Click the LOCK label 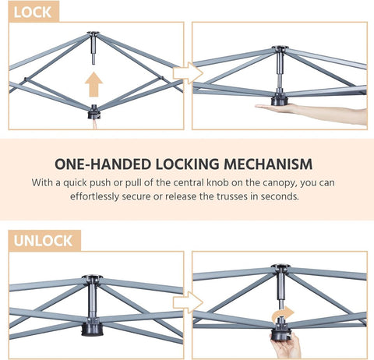(x=33, y=12)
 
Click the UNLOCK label (x=43, y=241)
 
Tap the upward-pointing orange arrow (x=93, y=84)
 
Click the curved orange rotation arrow (x=283, y=313)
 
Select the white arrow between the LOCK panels (x=188, y=73)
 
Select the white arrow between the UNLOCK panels (x=188, y=302)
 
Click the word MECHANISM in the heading (x=268, y=164)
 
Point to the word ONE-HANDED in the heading (x=103, y=164)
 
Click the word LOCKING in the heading (x=187, y=164)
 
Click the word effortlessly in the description (x=94, y=196)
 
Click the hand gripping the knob (x=286, y=345)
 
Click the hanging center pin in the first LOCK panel (x=93, y=50)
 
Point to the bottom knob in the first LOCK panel (x=94, y=112)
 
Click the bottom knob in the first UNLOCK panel (x=91, y=328)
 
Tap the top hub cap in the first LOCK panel (x=93, y=33)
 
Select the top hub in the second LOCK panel (x=280, y=48)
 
